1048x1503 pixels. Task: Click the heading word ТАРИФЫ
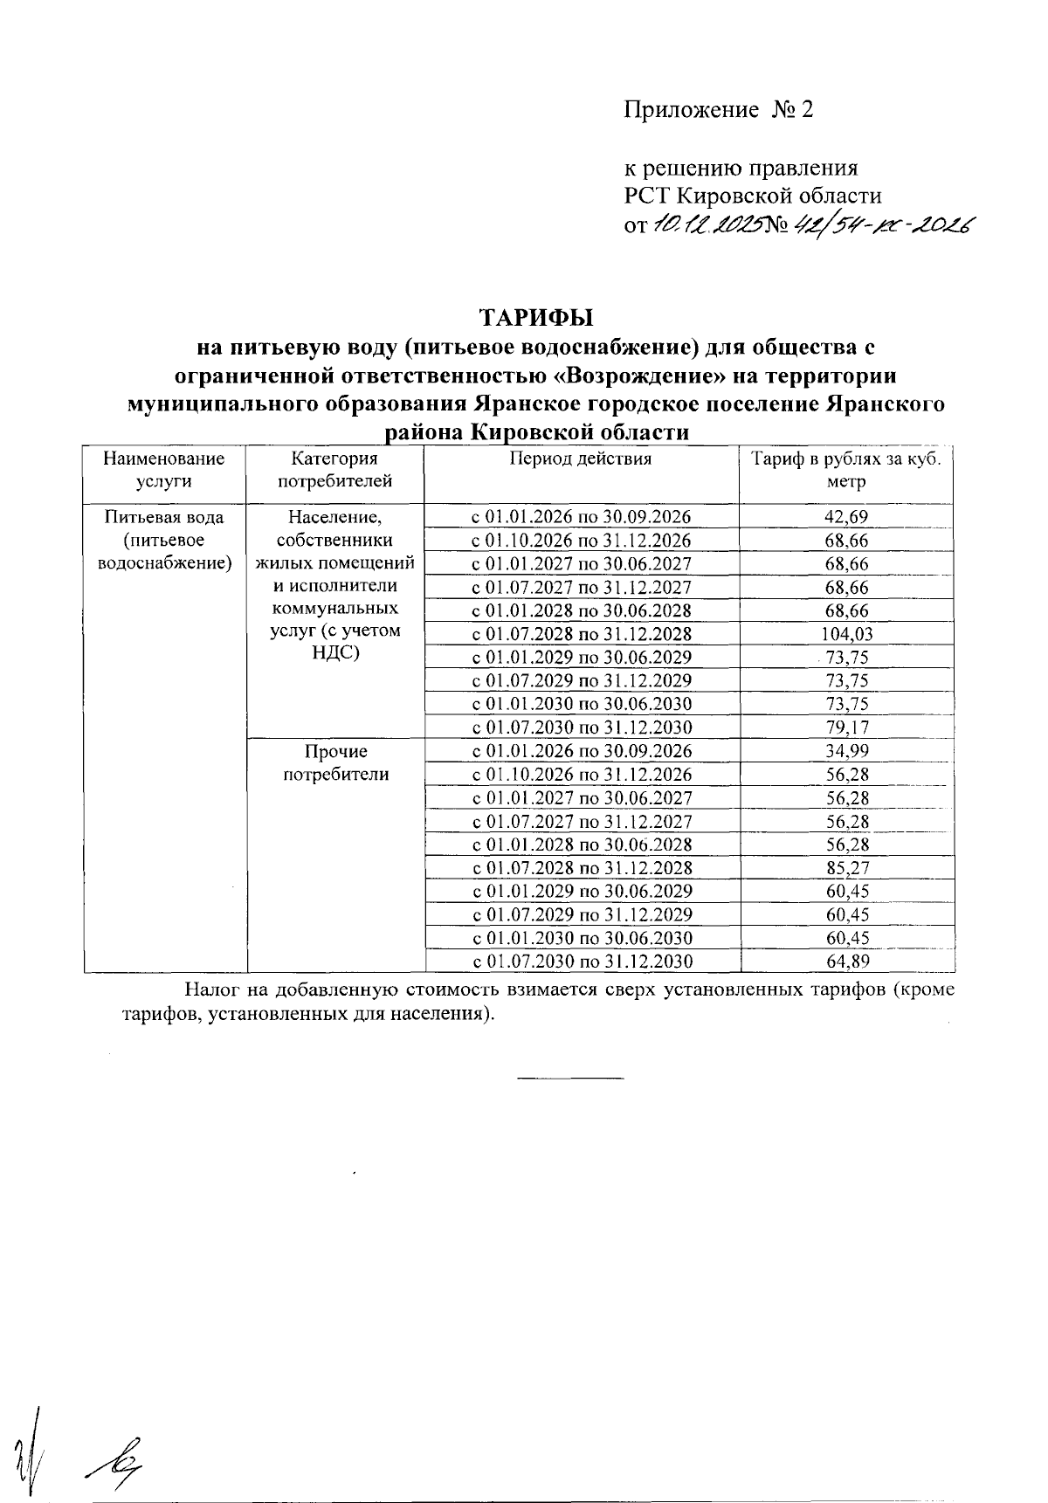coord(535,316)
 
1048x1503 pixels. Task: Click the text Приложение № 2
coord(718,110)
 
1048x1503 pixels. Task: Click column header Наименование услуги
coord(164,470)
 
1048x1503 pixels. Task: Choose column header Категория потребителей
coord(334,470)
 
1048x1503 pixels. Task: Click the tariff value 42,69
coord(846,517)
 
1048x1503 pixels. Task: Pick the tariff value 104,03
coord(846,635)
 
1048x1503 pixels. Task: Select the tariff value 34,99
coord(846,752)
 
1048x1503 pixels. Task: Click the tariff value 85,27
coord(846,869)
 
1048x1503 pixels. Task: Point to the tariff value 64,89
coord(846,962)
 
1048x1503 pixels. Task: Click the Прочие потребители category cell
coord(335,763)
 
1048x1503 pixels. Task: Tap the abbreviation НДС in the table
coord(335,653)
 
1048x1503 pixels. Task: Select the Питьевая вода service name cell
coord(164,541)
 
